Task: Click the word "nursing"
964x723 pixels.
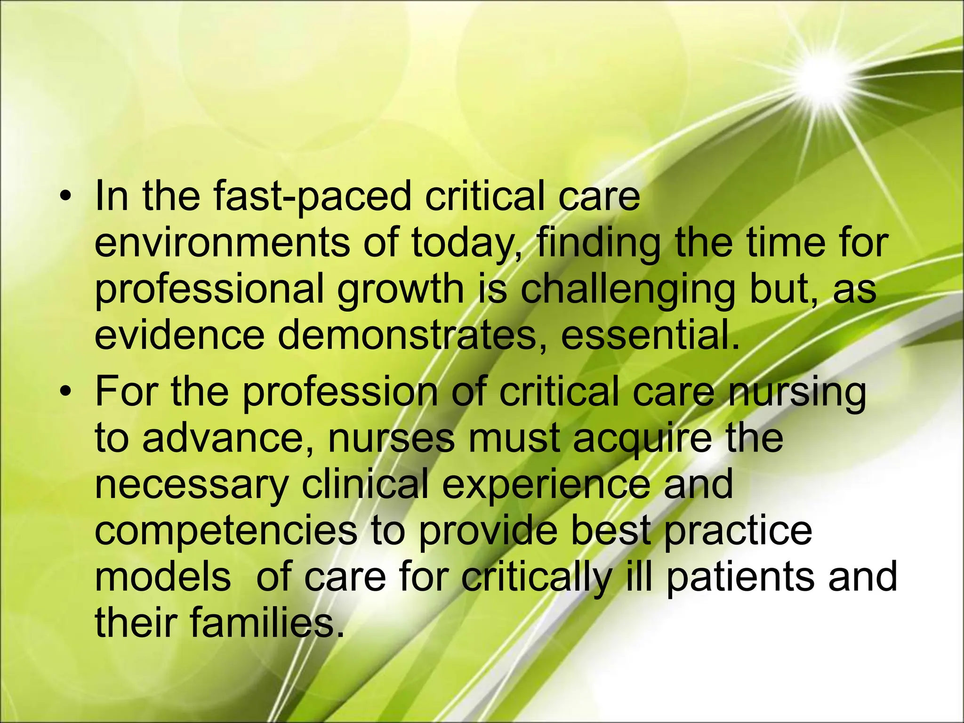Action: tap(796, 393)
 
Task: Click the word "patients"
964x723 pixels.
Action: tap(739, 577)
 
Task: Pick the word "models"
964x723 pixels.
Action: tap(163, 577)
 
